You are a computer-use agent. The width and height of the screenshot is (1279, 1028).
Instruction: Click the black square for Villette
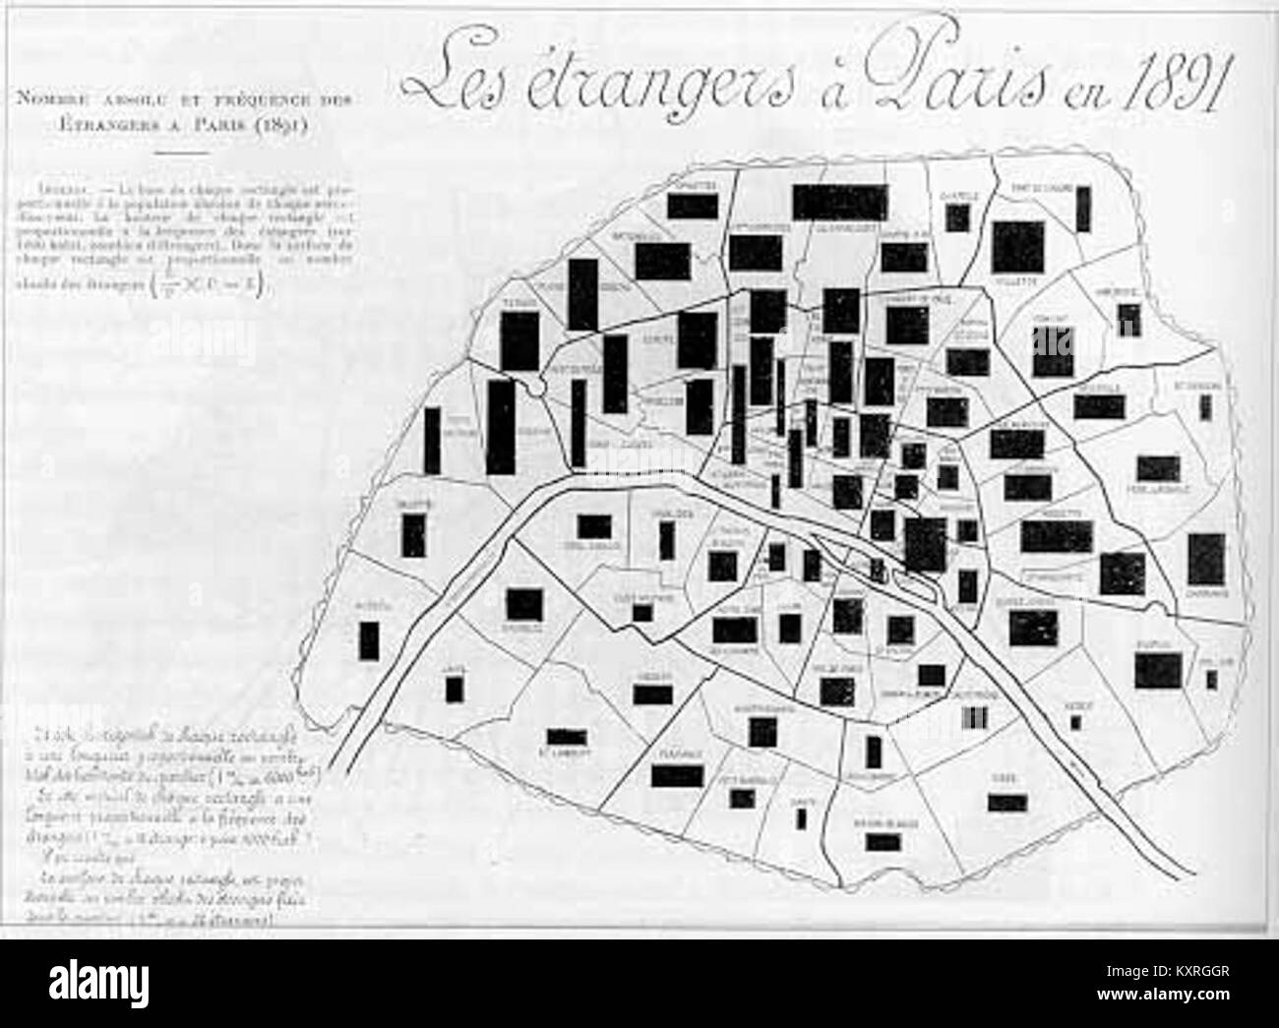(1017, 244)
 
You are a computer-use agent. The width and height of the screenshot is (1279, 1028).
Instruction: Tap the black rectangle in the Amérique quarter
(1127, 318)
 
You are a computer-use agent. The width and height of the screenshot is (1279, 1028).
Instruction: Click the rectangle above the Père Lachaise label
(1159, 468)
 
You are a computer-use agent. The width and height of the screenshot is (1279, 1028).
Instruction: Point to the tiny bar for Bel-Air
(1210, 678)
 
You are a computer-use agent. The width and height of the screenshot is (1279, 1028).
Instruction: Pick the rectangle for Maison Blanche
(883, 842)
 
